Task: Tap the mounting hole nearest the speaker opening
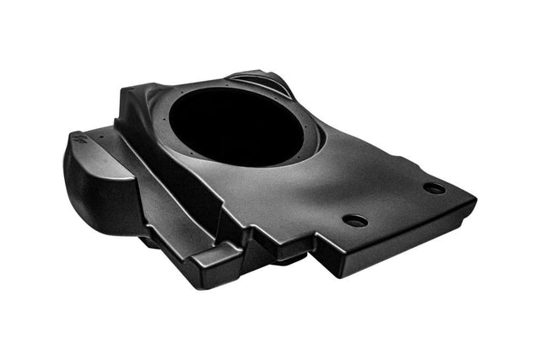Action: click(x=355, y=220)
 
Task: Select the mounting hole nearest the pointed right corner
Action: click(x=435, y=188)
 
